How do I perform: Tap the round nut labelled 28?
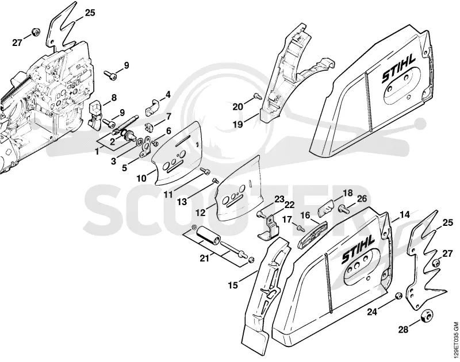pos(427,316)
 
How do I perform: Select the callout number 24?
pos(372,312)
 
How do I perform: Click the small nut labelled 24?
pos(398,296)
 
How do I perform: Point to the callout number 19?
pos(238,125)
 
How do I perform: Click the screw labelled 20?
pos(258,95)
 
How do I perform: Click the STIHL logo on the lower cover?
pos(358,249)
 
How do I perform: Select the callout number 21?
pos(205,258)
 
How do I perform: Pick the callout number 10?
pos(141,178)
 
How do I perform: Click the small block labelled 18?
pos(326,207)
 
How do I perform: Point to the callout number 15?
pos(233,285)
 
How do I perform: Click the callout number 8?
pos(114,97)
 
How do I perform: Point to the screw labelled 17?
pos(300,228)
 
